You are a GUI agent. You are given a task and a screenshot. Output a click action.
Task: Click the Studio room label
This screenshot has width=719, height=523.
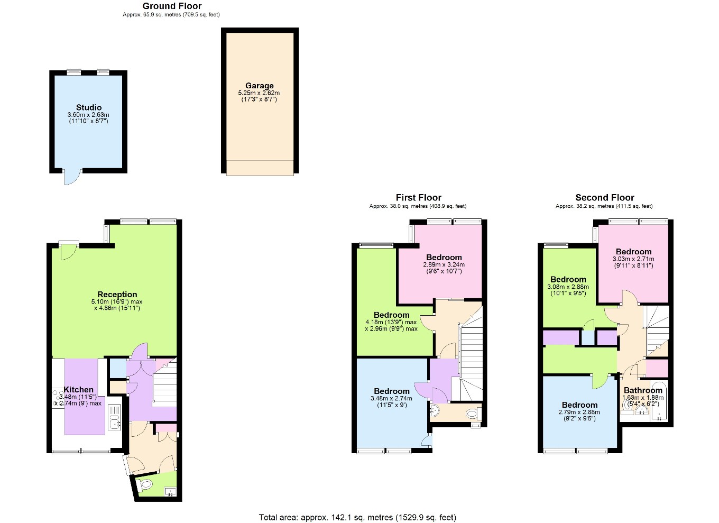(x=89, y=107)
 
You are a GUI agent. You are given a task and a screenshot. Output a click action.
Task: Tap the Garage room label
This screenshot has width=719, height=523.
(x=259, y=86)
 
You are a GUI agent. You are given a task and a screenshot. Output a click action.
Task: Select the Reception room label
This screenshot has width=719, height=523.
(x=117, y=295)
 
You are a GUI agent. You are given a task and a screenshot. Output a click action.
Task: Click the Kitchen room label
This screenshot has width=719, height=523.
(x=78, y=390)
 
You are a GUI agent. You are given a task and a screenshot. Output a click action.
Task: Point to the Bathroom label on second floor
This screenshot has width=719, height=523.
(x=643, y=390)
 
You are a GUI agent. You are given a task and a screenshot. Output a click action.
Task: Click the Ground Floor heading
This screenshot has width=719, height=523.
(x=172, y=6)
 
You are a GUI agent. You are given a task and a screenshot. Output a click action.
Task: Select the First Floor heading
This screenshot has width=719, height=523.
(x=418, y=197)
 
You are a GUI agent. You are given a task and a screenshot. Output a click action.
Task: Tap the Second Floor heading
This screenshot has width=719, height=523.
(x=604, y=197)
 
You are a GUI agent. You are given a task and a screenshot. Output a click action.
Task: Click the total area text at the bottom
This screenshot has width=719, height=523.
(x=357, y=517)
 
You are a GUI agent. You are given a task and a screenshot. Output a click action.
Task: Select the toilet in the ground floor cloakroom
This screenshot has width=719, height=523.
(x=145, y=484)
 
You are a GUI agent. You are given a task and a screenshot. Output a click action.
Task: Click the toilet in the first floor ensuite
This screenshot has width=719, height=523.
(x=472, y=414)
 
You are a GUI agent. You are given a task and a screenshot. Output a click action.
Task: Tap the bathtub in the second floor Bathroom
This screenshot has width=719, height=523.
(x=659, y=401)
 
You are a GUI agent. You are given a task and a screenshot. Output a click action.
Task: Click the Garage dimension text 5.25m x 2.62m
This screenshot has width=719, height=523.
(x=259, y=93)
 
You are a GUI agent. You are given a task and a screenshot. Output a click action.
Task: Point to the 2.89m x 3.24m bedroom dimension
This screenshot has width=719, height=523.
(x=444, y=264)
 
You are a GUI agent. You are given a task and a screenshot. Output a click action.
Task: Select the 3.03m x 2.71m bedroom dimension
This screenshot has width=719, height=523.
(x=633, y=259)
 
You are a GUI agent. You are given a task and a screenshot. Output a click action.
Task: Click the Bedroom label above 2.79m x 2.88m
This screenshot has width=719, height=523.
(x=579, y=405)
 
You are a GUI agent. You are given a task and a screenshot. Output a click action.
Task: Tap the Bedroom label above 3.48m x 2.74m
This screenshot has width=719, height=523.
(x=392, y=391)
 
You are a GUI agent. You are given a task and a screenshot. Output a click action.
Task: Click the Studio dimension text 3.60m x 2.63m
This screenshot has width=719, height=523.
(x=88, y=115)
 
